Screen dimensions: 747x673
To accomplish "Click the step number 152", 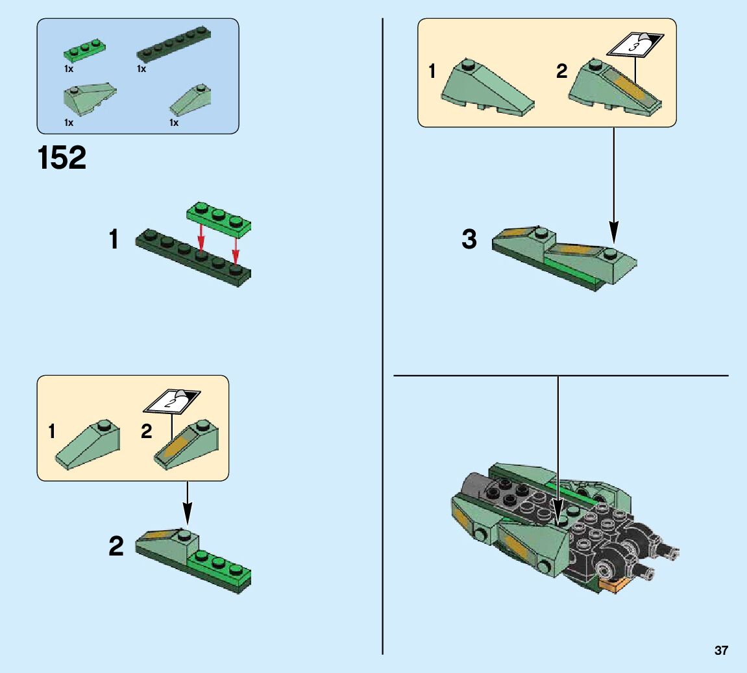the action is tap(62, 157).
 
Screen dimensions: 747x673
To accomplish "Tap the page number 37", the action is tap(721, 650).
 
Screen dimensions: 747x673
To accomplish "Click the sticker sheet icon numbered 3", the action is tap(635, 45).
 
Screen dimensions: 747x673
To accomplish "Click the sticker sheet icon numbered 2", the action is tap(171, 401).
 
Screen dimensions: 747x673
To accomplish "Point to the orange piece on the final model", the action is tap(613, 585).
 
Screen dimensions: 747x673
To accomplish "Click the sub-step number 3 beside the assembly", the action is tap(469, 239).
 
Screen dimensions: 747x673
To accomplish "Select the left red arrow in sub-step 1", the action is tap(202, 237).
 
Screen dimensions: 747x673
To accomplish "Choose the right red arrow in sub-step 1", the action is tap(236, 249).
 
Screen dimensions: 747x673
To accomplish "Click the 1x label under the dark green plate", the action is tap(141, 69).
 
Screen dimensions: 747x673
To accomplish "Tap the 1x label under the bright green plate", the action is tap(69, 69).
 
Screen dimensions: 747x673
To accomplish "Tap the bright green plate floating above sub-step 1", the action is tap(219, 219).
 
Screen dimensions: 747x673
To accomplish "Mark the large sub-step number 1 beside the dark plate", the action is tap(114, 239).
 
